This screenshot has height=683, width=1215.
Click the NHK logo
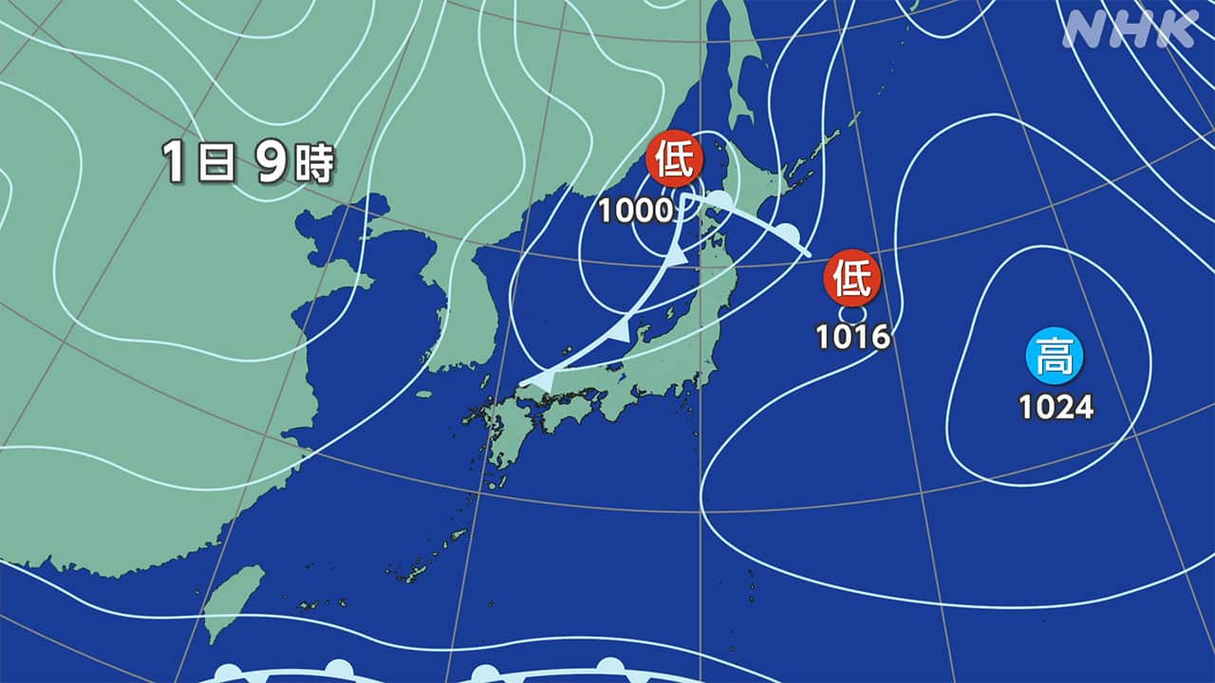[1130, 30]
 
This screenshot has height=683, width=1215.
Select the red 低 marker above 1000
[674, 159]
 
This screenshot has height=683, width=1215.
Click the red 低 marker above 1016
[852, 278]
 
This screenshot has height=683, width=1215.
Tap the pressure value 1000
[636, 211]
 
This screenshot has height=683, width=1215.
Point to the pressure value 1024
[1056, 407]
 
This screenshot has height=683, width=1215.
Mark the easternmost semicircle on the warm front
[789, 233]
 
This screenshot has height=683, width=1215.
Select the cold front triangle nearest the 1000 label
[676, 256]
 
